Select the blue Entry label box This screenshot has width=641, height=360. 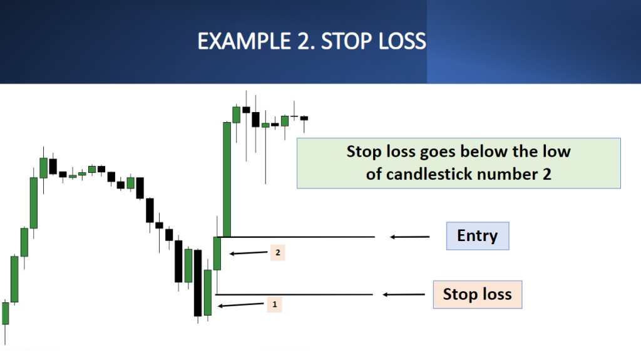478,236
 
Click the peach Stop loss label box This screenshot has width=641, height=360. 478,294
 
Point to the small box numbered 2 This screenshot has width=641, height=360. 277,253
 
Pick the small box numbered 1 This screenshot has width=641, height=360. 275,304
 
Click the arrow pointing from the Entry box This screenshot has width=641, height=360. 409,237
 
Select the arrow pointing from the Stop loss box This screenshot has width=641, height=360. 404,294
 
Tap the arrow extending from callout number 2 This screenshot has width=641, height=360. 248,253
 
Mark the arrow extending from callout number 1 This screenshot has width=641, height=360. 241,305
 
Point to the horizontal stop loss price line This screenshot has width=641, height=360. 294,294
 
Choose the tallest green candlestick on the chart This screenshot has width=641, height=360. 227,179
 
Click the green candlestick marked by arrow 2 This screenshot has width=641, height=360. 217,253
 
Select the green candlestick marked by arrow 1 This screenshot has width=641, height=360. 208,292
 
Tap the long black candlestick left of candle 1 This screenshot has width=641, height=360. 198,283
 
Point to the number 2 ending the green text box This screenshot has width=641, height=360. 547,175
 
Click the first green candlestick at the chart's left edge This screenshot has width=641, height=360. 5,314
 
